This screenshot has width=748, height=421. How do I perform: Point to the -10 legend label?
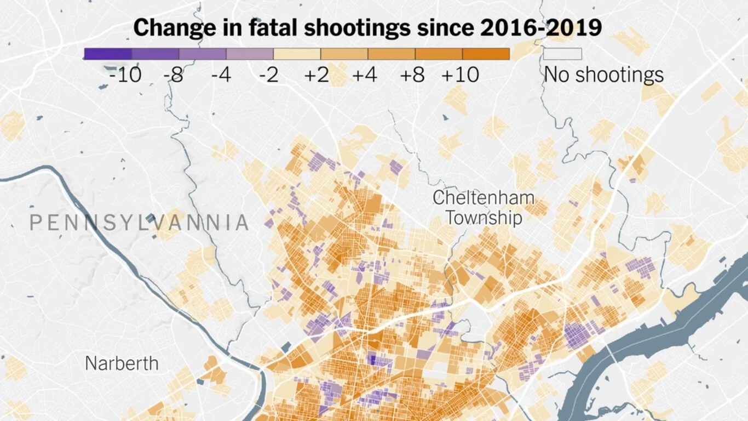[125, 75]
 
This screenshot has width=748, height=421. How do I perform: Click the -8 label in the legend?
[173, 75]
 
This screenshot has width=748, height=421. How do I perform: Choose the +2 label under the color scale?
[316, 75]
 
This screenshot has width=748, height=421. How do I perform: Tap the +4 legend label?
[364, 75]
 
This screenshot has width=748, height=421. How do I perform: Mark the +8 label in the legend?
[412, 75]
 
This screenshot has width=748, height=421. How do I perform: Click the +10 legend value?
[460, 75]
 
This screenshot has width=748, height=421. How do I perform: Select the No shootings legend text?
[603, 75]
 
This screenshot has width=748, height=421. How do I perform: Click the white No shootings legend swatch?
[562, 54]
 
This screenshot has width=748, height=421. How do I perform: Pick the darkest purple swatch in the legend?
[108, 54]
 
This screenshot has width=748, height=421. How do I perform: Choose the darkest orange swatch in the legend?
[486, 54]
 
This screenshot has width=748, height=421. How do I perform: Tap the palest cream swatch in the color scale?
[297, 54]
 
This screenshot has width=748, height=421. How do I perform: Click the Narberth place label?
[122, 363]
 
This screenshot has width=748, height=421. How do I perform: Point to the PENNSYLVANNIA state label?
[139, 223]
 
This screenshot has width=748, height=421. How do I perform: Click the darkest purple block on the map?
[373, 359]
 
